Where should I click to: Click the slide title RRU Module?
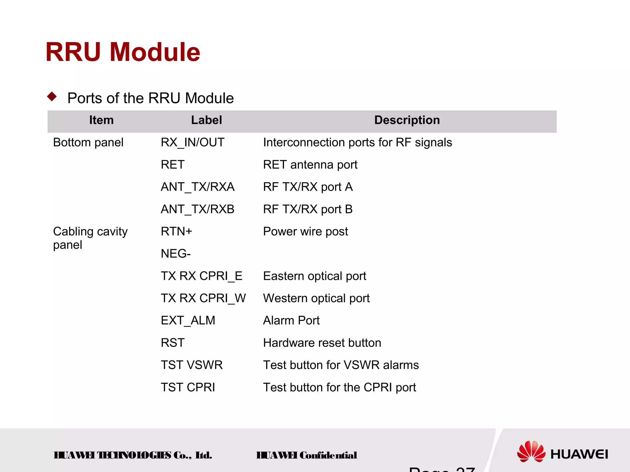tap(123, 52)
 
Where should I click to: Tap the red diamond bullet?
tap(52, 97)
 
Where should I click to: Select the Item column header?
tap(101, 120)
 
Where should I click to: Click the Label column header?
tap(206, 120)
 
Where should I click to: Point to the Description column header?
tap(407, 120)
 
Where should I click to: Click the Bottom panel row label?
tap(88, 142)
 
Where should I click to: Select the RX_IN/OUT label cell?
tap(193, 142)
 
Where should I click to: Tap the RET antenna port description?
tap(310, 165)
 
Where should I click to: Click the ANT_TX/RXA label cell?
tap(197, 187)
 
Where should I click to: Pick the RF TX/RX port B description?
tap(308, 209)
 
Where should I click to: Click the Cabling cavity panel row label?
tap(90, 238)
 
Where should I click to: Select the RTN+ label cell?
tap(176, 232)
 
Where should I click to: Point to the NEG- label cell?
tap(176, 254)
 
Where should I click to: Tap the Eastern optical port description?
tap(314, 276)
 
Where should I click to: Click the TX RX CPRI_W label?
tap(203, 298)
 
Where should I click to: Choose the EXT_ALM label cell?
tap(188, 320)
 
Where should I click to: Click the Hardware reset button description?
tap(322, 343)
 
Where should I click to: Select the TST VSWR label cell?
tap(192, 365)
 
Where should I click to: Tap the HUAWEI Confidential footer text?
tap(306, 455)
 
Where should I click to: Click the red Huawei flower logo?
tap(531, 451)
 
